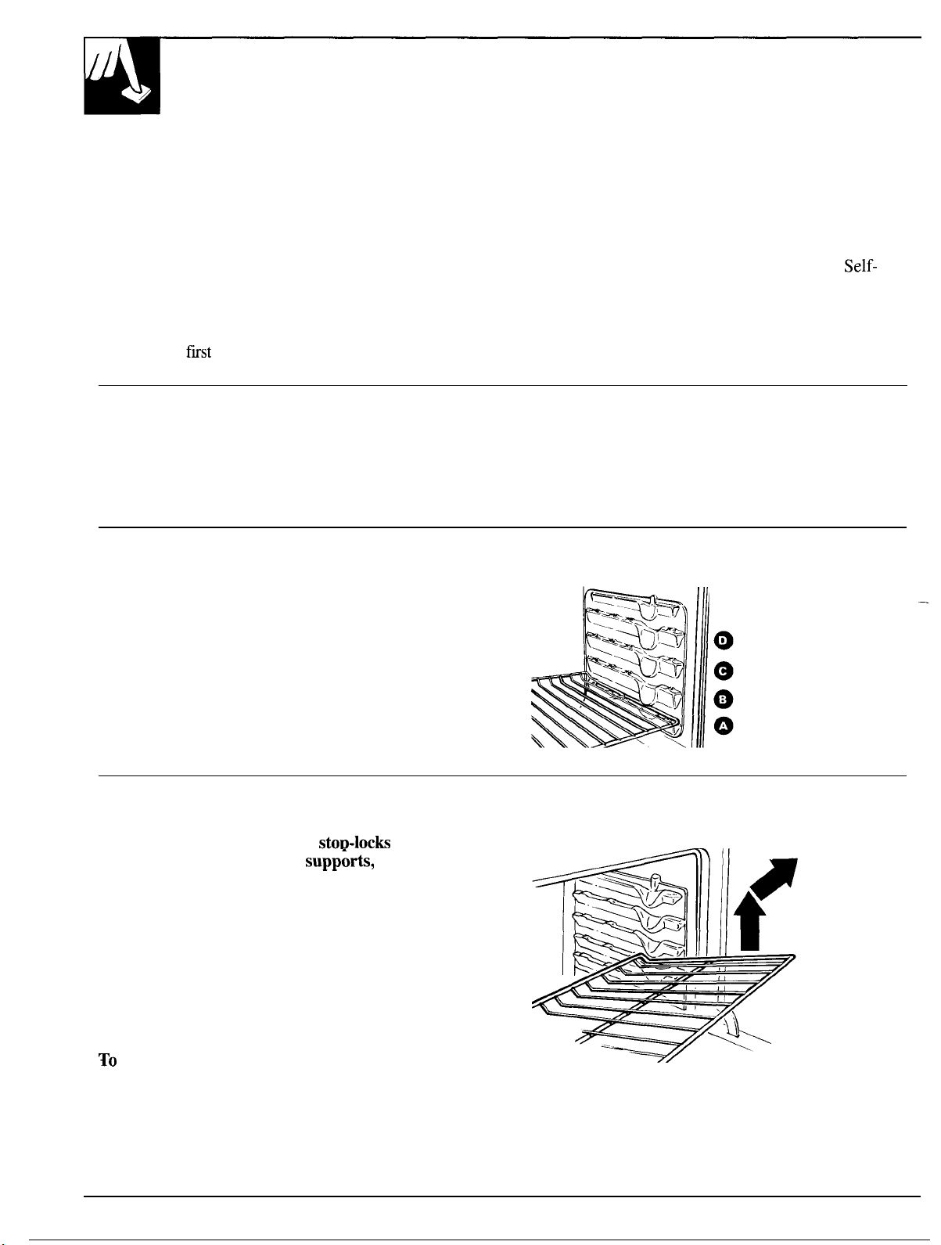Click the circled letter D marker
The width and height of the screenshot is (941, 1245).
[723, 641]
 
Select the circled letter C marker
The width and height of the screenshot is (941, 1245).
[723, 671]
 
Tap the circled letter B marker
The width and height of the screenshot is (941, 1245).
[723, 700]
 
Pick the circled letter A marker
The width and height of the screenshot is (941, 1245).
[723, 727]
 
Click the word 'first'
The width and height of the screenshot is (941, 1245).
[199, 352]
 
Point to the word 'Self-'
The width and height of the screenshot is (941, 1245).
[860, 265]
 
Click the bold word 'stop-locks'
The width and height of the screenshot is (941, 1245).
[354, 843]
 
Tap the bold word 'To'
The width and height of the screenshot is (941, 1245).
[108, 1060]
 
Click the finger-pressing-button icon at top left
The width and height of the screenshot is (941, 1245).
[122, 75]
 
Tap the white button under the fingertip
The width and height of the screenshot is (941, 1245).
[137, 94]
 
